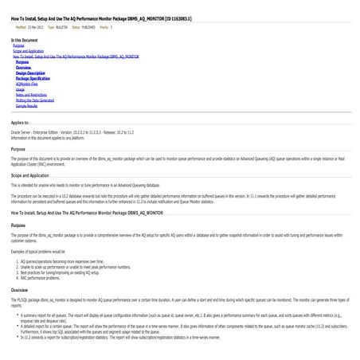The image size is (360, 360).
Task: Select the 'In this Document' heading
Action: [24, 40]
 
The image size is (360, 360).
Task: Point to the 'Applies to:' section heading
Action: [21, 123]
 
